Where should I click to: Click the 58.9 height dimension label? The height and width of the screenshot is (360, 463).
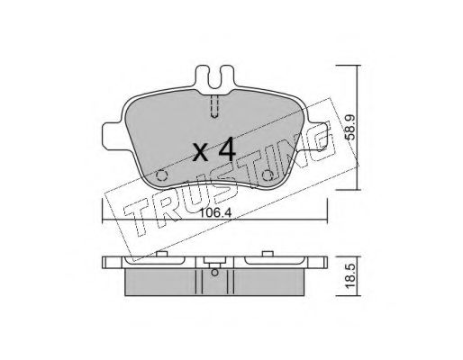pos(350,127)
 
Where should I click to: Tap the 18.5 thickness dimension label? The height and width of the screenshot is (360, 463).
pos(350,276)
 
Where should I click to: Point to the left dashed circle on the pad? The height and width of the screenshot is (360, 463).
pos(162,175)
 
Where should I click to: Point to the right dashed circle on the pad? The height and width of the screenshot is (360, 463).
pos(267,175)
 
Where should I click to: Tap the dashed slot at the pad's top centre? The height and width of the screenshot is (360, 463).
pos(214,105)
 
